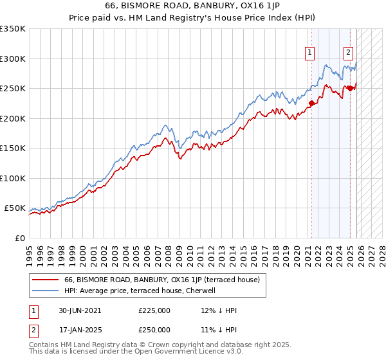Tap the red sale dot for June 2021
pyautogui.click(x=311, y=103)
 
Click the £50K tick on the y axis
pyautogui.click(x=15, y=208)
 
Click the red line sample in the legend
pyautogui.click(x=45, y=280)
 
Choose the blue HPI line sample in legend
pyautogui.click(x=45, y=291)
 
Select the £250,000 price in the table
pyautogui.click(x=154, y=329)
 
